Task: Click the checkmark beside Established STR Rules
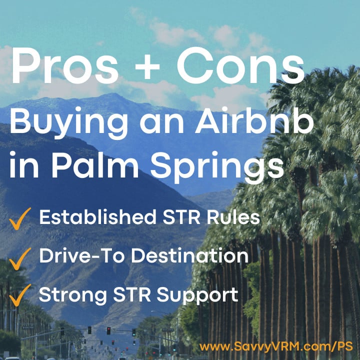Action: click(x=20, y=218)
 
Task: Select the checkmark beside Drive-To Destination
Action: click(x=20, y=256)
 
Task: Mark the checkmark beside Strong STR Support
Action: click(x=20, y=294)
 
